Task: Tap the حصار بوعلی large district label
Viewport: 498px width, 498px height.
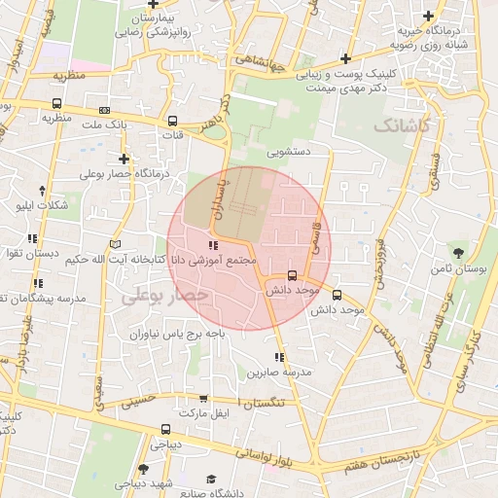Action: (x=165, y=294)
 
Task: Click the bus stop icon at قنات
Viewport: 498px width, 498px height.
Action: (x=172, y=122)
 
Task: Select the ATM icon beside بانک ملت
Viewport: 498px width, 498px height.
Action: (x=104, y=111)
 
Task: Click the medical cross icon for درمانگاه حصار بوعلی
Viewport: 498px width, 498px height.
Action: (x=124, y=159)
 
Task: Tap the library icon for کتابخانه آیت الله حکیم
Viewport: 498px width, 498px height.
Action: (x=117, y=243)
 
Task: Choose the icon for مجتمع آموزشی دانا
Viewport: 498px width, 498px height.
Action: (x=213, y=245)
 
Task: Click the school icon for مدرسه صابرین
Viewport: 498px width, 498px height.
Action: (x=280, y=357)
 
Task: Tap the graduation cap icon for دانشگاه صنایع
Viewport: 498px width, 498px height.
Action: (x=211, y=479)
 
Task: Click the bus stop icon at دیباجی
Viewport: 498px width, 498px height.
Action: (x=165, y=429)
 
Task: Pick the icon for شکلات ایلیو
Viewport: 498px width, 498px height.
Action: (x=41, y=191)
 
